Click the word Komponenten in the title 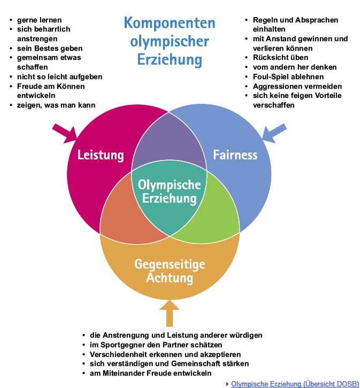(170, 24)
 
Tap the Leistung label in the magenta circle (101, 155)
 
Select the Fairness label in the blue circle (235, 155)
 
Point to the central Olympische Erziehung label (170, 192)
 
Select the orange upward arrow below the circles (170, 313)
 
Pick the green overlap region (217, 209)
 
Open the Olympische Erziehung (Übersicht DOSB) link (295, 383)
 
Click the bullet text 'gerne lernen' (38, 20)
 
